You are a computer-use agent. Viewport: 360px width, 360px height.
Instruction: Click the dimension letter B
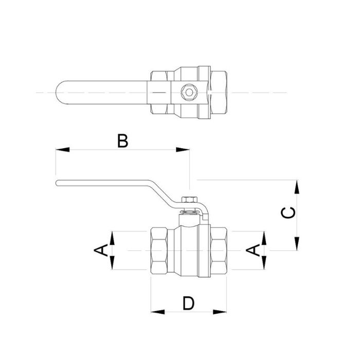[x=122, y=140]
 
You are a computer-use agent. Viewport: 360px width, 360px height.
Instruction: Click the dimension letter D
[x=189, y=303]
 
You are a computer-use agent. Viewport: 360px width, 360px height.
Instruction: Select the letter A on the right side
[x=253, y=250]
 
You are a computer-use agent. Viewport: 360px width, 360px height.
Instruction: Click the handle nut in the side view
[x=189, y=200]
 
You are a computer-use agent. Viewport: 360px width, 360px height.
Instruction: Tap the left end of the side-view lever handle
[x=58, y=183]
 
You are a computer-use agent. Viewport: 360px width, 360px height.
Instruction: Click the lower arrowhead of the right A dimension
[x=263, y=263]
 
